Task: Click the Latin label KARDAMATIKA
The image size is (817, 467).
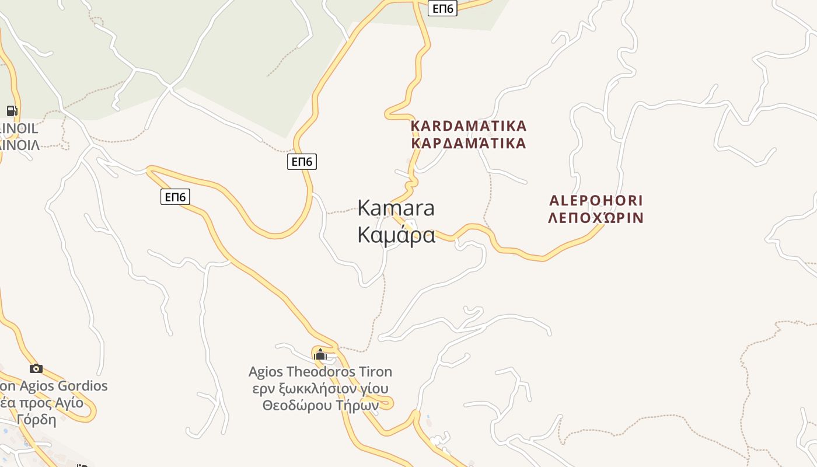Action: click(x=469, y=126)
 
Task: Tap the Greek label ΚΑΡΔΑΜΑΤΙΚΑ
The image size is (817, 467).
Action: click(x=469, y=143)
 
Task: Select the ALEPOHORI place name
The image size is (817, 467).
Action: click(x=596, y=201)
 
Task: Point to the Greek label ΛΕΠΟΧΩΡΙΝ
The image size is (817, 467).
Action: click(x=596, y=218)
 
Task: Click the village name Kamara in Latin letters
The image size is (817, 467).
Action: click(x=396, y=208)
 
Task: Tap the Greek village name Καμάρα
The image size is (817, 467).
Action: click(x=396, y=235)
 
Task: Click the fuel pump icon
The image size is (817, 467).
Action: click(x=12, y=110)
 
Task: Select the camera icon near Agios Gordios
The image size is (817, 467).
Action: click(x=36, y=368)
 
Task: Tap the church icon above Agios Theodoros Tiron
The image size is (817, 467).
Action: click(x=320, y=354)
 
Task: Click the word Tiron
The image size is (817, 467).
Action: click(x=374, y=372)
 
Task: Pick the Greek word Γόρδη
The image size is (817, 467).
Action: click(x=36, y=419)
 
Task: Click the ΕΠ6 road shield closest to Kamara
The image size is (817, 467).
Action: click(x=302, y=162)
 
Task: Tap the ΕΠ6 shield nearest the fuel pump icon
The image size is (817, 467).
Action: click(x=175, y=197)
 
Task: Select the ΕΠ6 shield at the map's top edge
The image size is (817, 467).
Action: click(x=442, y=8)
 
